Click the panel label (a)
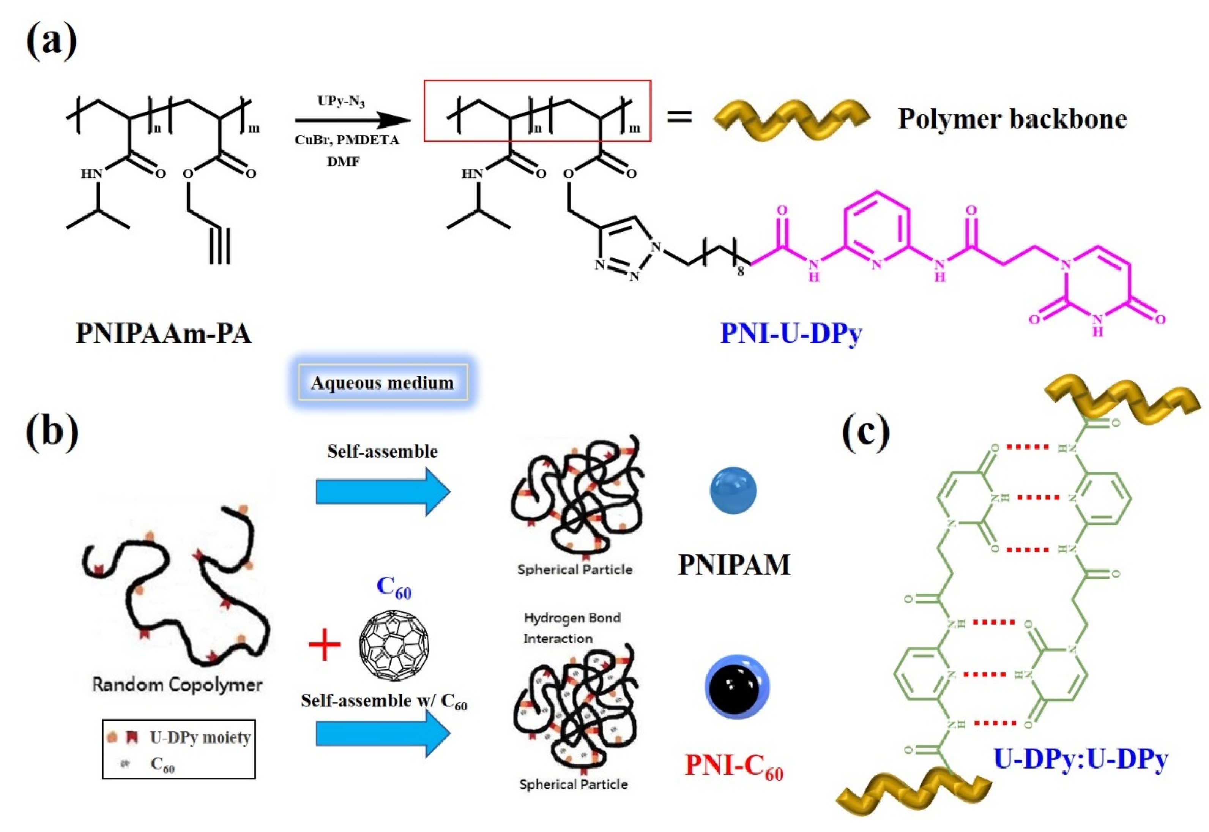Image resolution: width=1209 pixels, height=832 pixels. point(51,42)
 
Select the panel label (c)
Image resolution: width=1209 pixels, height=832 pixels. point(865,431)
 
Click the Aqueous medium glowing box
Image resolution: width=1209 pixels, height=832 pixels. point(382,383)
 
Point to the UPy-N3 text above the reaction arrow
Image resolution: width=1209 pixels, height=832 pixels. point(341,101)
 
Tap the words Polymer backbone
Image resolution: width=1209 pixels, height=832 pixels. point(1012,119)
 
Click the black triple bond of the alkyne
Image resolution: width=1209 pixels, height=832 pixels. point(219,245)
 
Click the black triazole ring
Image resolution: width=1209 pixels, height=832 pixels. point(625,249)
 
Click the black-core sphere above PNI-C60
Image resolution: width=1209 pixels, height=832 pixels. point(736,687)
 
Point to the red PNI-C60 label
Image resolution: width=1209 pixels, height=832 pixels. point(734,765)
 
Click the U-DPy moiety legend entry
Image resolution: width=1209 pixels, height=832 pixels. point(200,737)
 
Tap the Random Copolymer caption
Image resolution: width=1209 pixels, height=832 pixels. point(177,684)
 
